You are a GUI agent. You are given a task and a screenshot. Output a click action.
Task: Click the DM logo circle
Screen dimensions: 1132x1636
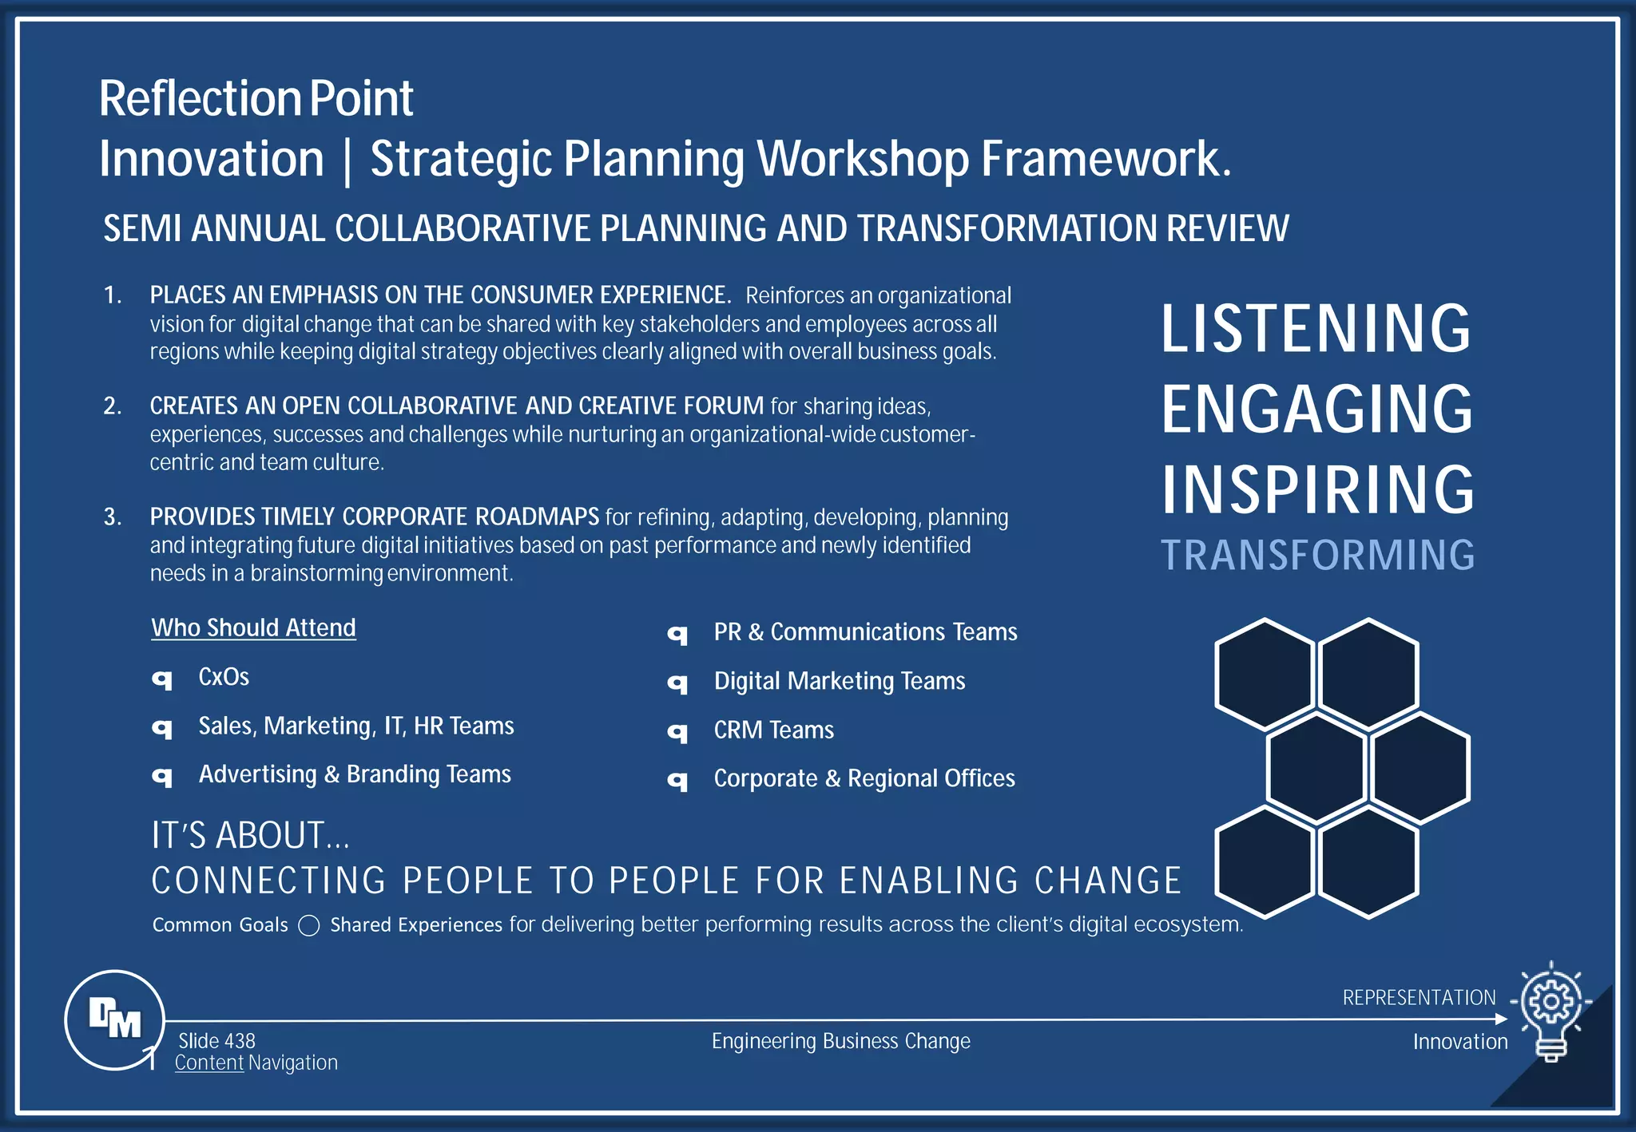click(x=114, y=1019)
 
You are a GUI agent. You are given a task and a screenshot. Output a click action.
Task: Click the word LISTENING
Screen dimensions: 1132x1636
click(x=1315, y=328)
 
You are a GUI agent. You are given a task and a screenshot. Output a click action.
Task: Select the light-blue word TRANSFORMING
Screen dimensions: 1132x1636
click(x=1317, y=556)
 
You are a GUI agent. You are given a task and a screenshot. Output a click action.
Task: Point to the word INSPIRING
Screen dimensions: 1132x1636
click(x=1317, y=489)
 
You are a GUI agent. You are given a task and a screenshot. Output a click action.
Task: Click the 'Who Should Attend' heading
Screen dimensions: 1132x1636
click(x=253, y=627)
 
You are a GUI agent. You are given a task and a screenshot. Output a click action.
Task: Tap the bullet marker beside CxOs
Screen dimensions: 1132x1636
click(x=162, y=679)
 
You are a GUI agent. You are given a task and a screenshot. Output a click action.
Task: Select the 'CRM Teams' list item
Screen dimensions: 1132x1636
click(x=773, y=730)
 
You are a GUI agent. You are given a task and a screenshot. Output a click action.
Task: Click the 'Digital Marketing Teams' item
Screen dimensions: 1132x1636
click(x=839, y=681)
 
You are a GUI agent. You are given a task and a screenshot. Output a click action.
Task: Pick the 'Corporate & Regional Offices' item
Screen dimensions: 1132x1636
click(x=864, y=778)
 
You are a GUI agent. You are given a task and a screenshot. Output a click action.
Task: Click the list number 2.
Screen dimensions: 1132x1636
click(x=112, y=406)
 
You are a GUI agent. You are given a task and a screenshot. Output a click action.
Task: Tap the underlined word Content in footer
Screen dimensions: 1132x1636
click(x=208, y=1063)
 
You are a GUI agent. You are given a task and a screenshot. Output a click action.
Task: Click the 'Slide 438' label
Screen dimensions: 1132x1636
click(x=216, y=1041)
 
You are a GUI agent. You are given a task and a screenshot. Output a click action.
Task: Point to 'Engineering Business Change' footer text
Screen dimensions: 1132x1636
click(x=840, y=1041)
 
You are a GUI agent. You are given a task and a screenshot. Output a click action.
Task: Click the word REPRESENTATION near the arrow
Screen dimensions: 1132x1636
click(x=1419, y=998)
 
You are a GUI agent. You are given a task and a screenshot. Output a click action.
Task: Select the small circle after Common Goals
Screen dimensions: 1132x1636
click(x=309, y=925)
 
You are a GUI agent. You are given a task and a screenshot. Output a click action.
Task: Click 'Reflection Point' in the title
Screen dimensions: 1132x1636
click(x=256, y=99)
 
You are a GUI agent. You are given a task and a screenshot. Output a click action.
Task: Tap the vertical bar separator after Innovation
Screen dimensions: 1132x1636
click(x=347, y=160)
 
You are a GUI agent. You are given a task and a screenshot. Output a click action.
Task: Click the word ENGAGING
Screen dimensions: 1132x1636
click(x=1316, y=409)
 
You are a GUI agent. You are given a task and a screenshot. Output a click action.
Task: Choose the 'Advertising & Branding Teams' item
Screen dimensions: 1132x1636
click(x=354, y=774)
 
